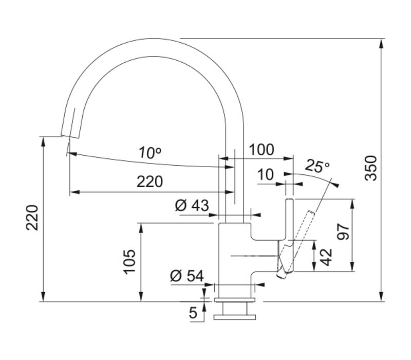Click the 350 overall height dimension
coord(371,168)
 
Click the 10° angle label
coord(150,152)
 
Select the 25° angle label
coord(317,167)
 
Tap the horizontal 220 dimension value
coord(150,182)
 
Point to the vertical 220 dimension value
coord(32,218)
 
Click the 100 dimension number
coord(261,150)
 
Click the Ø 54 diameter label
coord(186,276)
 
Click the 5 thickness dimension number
coord(193,313)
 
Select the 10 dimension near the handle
coord(266,175)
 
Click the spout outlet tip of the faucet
coord(69,135)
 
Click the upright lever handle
coord(289,221)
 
